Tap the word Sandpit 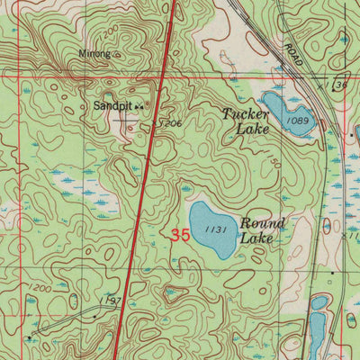[112, 105]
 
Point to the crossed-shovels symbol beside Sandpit [139, 107]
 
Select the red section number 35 [179, 236]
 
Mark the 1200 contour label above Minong [108, 32]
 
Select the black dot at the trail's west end [31, 338]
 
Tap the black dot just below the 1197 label [95, 316]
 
